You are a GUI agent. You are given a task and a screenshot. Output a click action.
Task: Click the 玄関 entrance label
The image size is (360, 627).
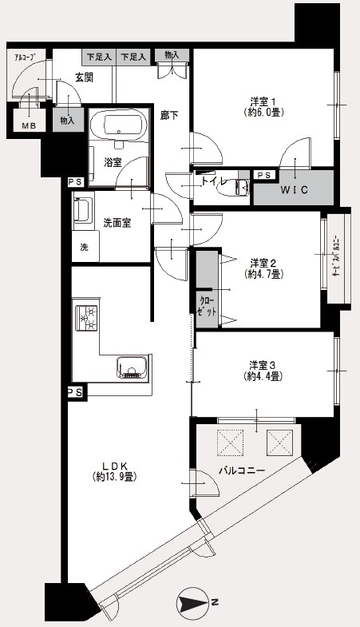click(84, 77)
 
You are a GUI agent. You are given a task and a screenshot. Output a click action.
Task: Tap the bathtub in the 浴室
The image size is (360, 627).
click(117, 125)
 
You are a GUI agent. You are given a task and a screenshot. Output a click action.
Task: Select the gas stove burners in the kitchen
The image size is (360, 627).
click(88, 318)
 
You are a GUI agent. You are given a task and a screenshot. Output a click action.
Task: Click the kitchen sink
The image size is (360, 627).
click(133, 367)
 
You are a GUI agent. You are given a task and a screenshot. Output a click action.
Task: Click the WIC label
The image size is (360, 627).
click(294, 190)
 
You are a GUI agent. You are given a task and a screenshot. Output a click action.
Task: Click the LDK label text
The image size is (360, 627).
click(115, 466)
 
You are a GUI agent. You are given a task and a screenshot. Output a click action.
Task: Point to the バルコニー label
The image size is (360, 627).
click(241, 470)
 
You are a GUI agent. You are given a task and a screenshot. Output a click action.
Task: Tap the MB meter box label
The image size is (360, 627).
click(29, 126)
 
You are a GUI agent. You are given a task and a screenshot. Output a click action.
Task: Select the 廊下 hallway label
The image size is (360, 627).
click(169, 116)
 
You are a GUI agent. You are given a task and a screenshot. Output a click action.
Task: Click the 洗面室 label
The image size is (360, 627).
click(117, 223)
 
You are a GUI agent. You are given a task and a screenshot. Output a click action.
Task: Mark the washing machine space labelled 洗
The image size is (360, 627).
click(85, 247)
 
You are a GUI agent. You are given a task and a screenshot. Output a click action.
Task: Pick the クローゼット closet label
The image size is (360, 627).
click(208, 307)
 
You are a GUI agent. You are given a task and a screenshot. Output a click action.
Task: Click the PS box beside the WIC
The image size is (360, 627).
click(264, 175)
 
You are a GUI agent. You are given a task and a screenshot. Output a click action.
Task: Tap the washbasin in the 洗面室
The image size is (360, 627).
click(83, 209)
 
